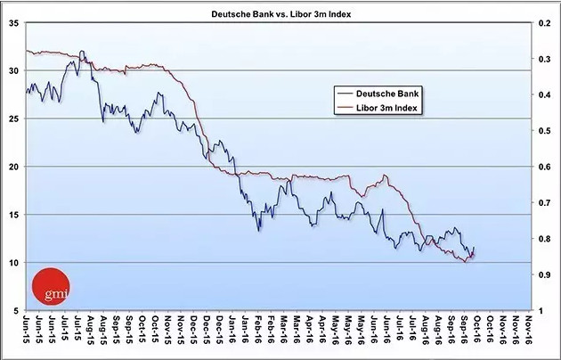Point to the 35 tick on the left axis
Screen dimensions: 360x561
(13, 23)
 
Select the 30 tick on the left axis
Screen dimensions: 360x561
(13, 70)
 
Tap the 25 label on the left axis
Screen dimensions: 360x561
(13, 119)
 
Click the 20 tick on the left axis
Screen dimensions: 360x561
(13, 167)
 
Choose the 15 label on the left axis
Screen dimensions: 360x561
(13, 215)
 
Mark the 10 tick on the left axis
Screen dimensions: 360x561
(13, 263)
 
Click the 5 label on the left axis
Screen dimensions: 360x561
(16, 310)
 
